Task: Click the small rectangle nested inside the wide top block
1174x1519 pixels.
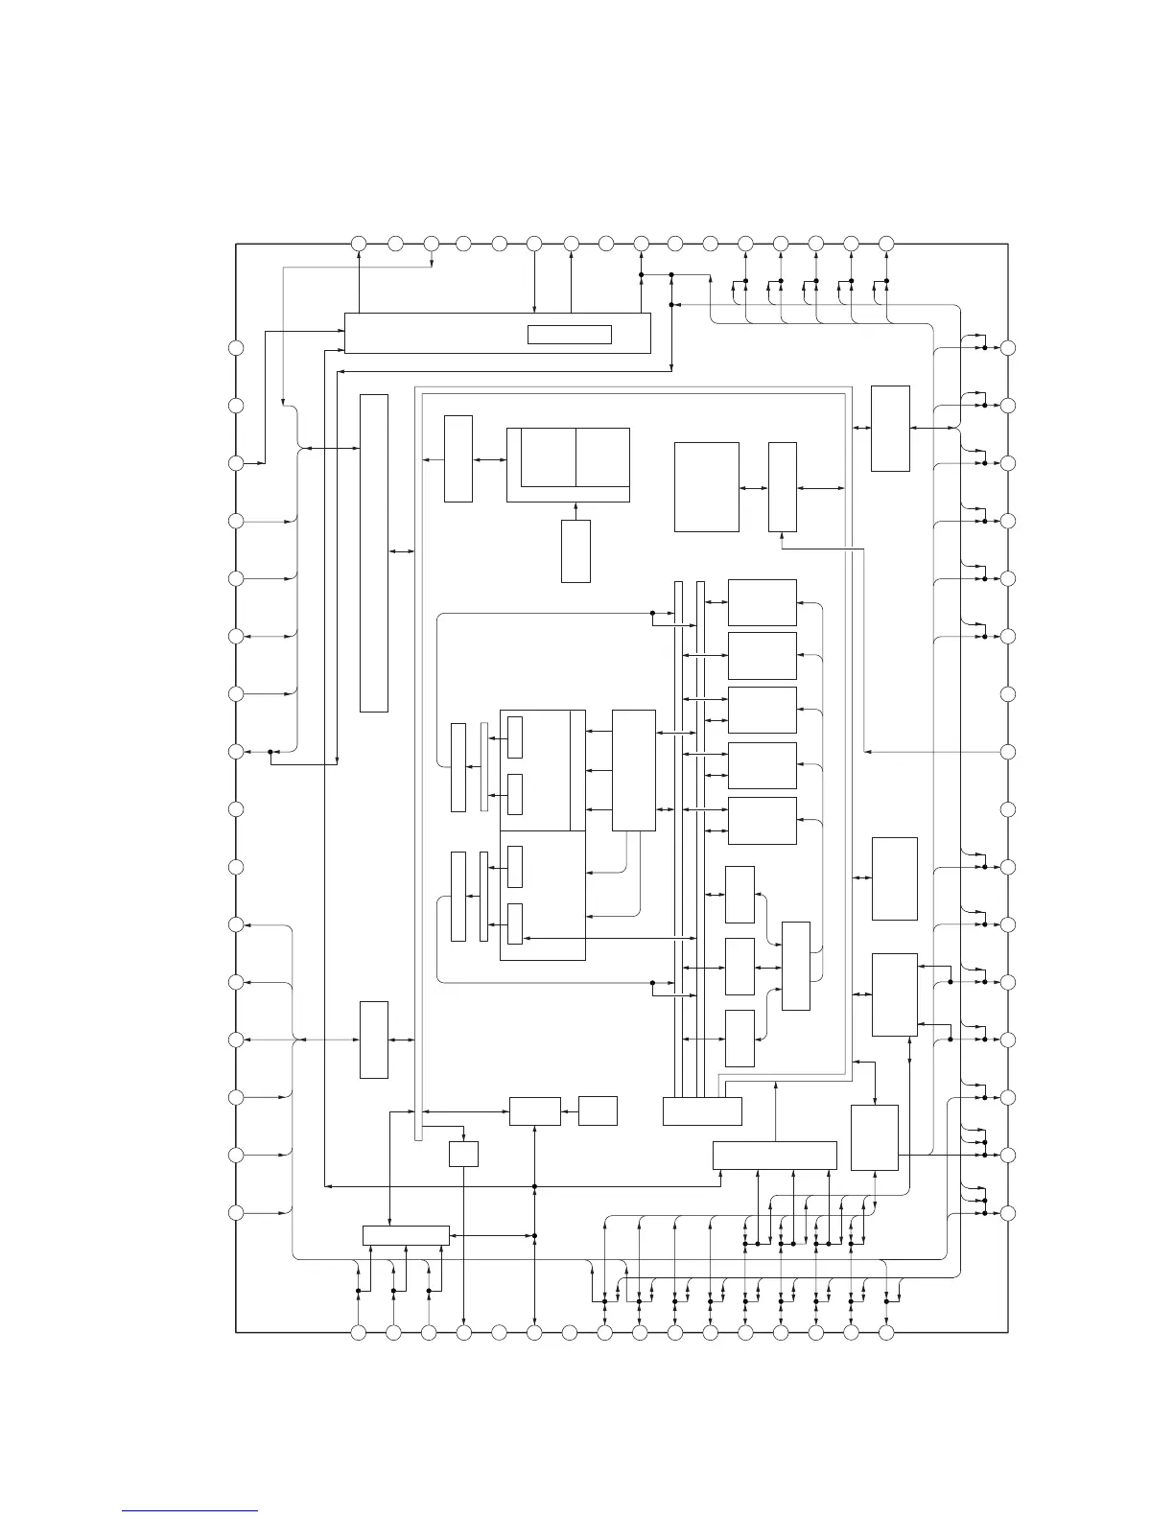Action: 570,334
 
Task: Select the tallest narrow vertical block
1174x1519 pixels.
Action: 374,552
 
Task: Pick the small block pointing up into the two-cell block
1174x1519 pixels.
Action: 575,551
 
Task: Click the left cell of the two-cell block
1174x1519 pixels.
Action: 542,457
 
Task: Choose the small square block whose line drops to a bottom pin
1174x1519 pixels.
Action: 463,1154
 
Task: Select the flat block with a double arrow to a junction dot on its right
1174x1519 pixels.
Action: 406,1235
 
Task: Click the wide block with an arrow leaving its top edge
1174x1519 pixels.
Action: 775,1156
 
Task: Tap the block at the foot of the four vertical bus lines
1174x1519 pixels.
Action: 702,1110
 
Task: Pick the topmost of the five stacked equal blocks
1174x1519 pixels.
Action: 763,602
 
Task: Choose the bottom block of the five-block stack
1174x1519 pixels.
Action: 763,821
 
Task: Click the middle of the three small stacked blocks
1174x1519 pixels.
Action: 740,967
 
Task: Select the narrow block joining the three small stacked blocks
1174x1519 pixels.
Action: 796,966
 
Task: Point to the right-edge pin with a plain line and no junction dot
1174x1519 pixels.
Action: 1007,752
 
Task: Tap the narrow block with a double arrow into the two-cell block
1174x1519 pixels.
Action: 458,458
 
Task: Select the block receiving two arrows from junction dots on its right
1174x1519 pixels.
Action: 894,994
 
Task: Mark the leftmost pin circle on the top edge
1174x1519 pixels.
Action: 358,244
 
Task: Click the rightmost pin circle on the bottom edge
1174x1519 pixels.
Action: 886,1332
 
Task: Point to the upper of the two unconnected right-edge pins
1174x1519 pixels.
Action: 1007,694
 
